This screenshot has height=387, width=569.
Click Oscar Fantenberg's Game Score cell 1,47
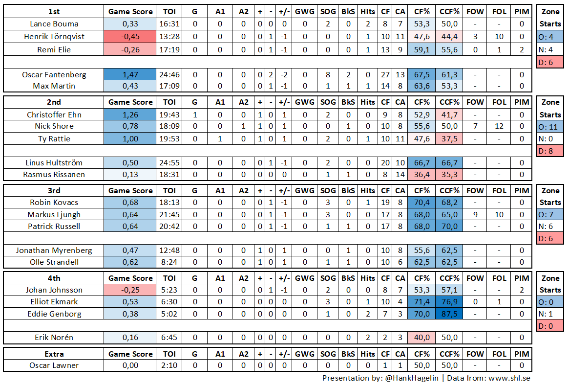130,74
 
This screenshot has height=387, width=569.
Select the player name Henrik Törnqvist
54,36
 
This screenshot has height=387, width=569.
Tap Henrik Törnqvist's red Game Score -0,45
130,36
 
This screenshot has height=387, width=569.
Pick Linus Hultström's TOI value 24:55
169,162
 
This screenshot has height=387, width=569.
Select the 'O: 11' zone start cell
550,127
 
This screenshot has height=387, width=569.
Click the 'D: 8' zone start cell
550,151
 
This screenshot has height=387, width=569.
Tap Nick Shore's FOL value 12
499,127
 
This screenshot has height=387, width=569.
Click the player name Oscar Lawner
54,365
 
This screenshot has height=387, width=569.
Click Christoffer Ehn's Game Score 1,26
130,114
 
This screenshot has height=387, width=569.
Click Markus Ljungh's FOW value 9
475,214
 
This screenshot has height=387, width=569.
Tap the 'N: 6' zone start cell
550,227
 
